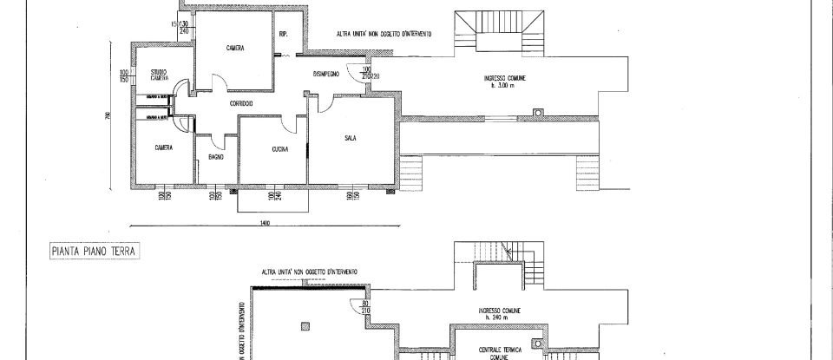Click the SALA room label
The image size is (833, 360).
point(351,137)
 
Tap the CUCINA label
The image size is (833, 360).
point(279,149)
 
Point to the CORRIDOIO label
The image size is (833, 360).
point(240,104)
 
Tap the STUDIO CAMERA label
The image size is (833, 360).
point(159,75)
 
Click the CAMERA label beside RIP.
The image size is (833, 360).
point(234,49)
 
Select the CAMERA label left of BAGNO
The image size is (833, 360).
point(163,147)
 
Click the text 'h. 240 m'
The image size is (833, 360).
point(499,317)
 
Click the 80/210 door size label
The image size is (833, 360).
point(367,306)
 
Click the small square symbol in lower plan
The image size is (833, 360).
point(305,326)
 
